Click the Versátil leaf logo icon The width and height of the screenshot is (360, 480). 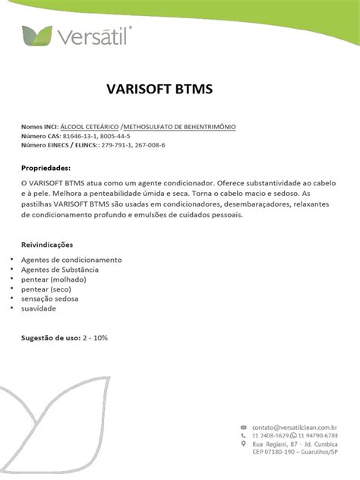(x=38, y=35)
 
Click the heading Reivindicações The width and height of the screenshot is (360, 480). (x=47, y=245)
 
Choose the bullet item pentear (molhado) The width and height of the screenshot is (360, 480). (x=53, y=279)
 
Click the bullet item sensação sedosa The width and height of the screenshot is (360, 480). (x=50, y=299)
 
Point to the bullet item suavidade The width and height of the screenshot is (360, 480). (x=38, y=309)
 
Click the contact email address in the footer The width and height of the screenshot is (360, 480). (x=295, y=428)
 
